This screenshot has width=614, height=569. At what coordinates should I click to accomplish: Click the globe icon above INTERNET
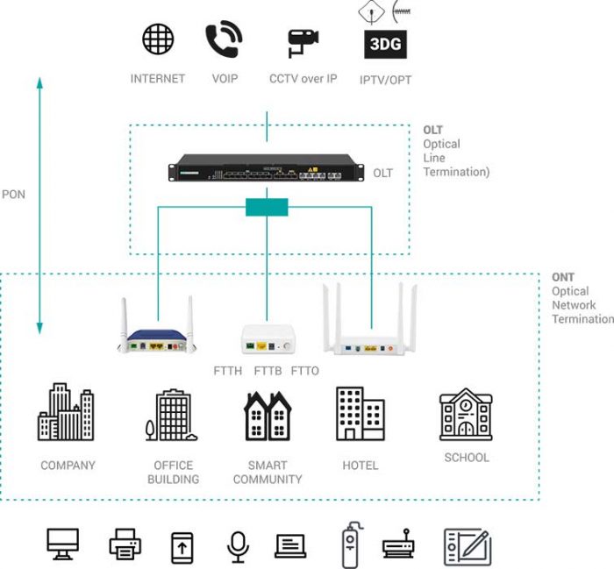(x=158, y=39)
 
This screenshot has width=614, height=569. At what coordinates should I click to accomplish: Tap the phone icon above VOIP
(x=224, y=40)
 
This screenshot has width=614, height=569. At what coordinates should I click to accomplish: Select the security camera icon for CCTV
(x=303, y=42)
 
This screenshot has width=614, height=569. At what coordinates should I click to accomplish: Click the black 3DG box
(x=386, y=44)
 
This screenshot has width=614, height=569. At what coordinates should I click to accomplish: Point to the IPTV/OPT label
(x=385, y=80)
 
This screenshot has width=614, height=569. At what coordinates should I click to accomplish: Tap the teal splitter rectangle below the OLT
(x=267, y=207)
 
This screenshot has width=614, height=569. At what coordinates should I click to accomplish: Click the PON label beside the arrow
(x=14, y=194)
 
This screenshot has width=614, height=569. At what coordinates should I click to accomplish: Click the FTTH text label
(x=228, y=371)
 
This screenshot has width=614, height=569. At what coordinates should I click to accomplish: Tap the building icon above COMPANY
(x=66, y=412)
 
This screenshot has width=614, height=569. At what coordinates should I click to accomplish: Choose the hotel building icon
(x=360, y=413)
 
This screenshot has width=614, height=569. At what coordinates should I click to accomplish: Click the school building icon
(x=465, y=414)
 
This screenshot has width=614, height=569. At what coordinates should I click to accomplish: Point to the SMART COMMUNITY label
(x=268, y=473)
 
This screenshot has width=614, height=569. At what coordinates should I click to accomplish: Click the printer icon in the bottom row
(x=125, y=544)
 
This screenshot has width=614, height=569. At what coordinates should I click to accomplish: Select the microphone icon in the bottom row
(x=237, y=544)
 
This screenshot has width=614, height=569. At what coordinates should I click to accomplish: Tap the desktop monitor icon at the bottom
(x=63, y=544)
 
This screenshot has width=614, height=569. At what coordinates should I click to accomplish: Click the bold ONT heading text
(x=562, y=277)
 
